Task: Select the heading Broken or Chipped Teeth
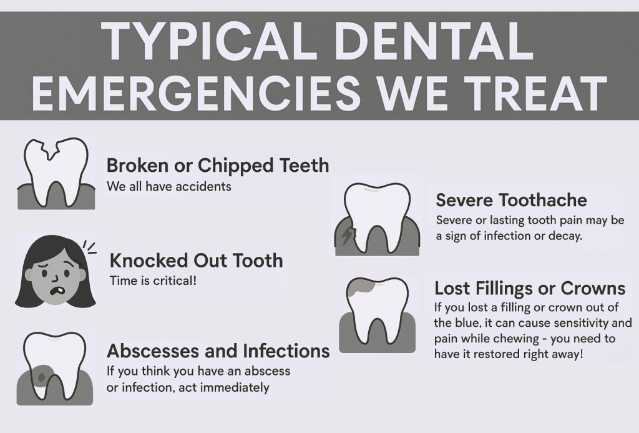point(217,166)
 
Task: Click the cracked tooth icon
point(56,171)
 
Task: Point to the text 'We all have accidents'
point(168,186)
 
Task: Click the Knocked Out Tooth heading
point(196,260)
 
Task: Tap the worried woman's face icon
point(55,272)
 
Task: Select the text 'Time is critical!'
point(153,281)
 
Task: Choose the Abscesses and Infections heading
point(218,351)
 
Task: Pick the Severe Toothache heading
point(511,200)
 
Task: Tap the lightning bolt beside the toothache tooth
point(347,235)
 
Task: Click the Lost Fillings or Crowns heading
point(530,288)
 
